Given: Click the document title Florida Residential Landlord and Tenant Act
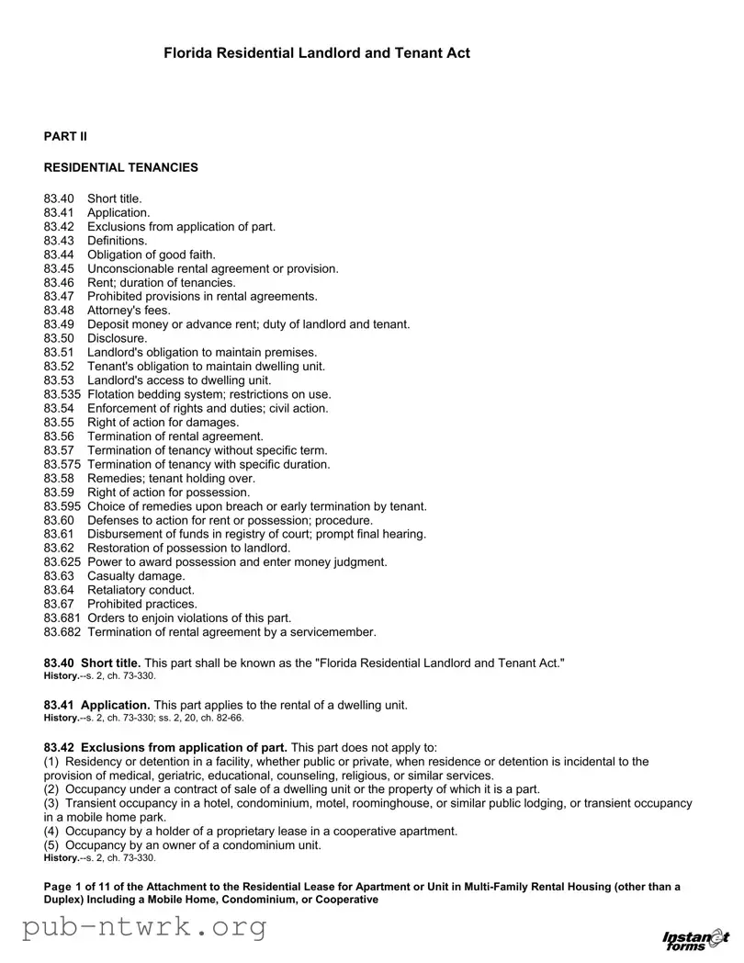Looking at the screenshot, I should tap(317, 53).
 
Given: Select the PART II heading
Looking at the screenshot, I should tap(65, 136).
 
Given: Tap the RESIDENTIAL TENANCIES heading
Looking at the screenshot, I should tap(120, 168).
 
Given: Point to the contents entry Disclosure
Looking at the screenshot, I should tap(117, 338).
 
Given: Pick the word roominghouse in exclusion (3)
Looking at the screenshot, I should tap(379, 803).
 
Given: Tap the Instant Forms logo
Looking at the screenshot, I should tap(694, 939).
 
